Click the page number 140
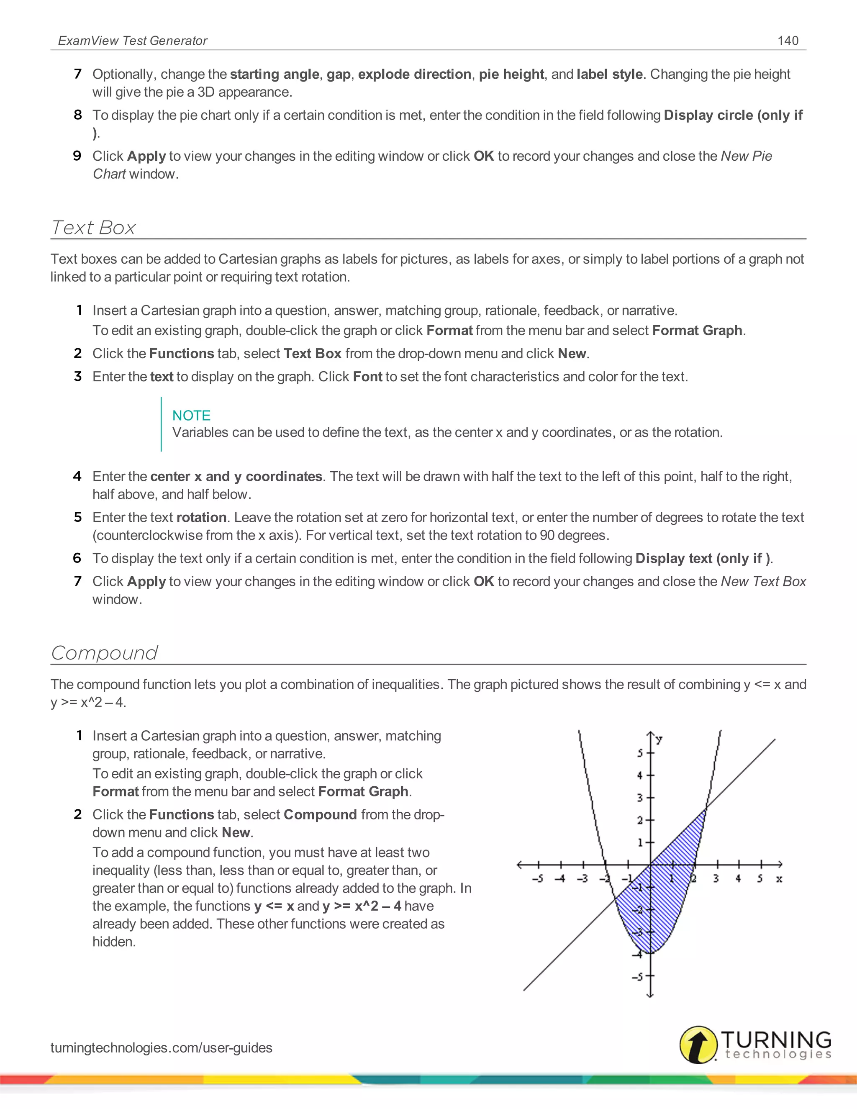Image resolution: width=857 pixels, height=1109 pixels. tap(788, 41)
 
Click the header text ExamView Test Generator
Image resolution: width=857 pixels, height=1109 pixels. tap(133, 41)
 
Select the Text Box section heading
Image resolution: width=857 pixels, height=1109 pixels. tap(93, 228)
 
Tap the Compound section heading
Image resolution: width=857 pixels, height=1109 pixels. tap(105, 653)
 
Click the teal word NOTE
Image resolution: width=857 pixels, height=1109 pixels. tap(191, 416)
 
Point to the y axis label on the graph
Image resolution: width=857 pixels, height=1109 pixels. tap(659, 739)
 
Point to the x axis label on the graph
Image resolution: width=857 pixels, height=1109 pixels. tap(778, 879)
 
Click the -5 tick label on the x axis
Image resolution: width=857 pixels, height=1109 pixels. tap(538, 879)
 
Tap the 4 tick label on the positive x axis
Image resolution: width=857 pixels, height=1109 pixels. tap(738, 879)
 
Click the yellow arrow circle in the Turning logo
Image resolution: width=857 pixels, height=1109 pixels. tap(698, 1045)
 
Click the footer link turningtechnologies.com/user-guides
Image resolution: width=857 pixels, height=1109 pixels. tap(162, 1047)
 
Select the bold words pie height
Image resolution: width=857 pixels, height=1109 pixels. tap(511, 74)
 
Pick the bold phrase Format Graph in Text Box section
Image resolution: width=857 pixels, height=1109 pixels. tap(697, 331)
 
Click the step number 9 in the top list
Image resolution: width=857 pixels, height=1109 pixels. tap(77, 156)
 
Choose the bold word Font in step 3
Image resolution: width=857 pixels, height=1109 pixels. tap(367, 377)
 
